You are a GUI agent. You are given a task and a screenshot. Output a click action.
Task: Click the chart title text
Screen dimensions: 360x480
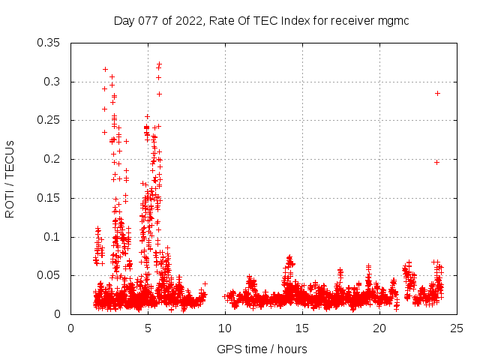point(261,20)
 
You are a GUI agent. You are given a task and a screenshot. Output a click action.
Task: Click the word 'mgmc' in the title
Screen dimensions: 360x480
point(393,20)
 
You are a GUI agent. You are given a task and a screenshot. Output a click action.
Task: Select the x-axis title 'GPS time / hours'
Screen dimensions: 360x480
point(262,349)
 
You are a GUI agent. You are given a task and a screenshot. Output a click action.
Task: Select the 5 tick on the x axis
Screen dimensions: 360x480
point(148,328)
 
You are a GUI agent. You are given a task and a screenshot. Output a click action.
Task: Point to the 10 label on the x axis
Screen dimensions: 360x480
point(225,328)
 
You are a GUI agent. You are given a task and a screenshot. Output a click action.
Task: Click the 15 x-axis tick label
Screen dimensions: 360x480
point(302,328)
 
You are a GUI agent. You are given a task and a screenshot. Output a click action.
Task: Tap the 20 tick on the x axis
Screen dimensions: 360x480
point(379,328)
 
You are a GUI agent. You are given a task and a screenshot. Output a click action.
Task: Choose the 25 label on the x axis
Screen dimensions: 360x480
point(457,328)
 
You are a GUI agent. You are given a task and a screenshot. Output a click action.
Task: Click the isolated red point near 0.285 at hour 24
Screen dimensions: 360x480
point(437,93)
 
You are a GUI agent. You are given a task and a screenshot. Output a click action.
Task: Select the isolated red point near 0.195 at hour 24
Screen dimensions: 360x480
point(436,162)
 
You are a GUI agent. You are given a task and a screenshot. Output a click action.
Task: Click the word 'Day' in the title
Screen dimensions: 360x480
point(124,20)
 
